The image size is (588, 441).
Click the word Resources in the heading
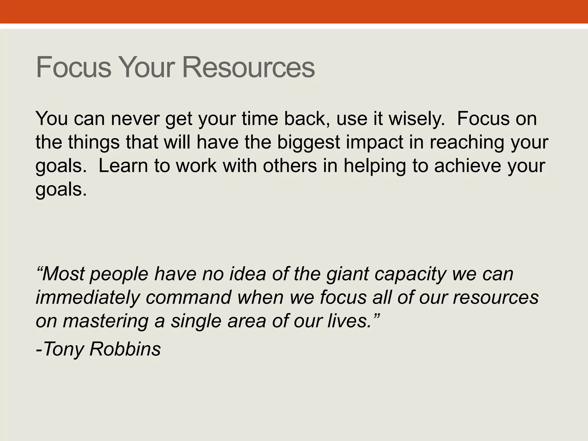pos(248,68)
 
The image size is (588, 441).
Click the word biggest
pos(308,142)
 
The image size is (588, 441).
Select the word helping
pos(375,166)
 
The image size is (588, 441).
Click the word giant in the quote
pos(347,274)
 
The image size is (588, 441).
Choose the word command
pos(188,297)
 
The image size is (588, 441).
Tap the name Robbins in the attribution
pos(125,349)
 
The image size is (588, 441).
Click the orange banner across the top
pos(294,11)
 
